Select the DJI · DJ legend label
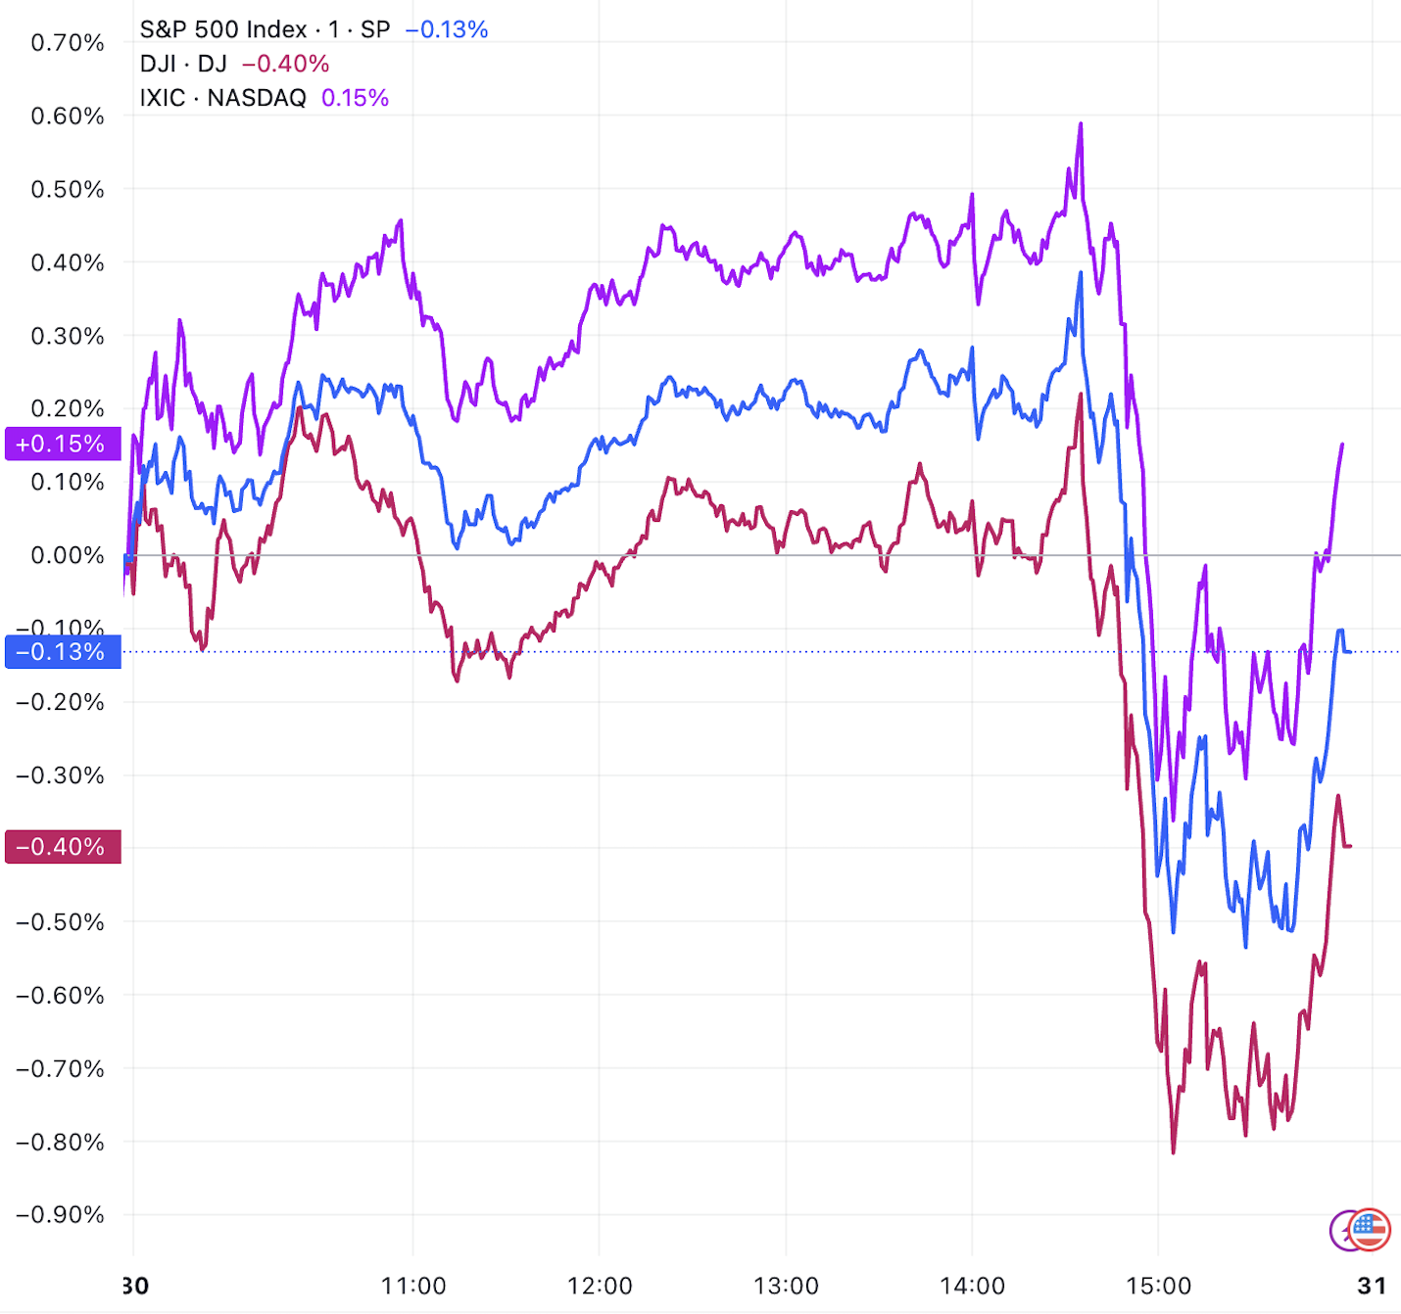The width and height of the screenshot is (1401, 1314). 183,64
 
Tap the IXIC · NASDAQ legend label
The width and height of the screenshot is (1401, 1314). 222,98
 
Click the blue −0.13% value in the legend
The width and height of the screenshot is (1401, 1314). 447,29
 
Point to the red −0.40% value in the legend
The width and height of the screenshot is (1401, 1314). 285,64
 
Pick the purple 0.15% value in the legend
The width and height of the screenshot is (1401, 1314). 355,98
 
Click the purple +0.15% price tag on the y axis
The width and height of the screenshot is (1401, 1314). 62,444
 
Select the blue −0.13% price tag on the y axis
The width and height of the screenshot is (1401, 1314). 62,652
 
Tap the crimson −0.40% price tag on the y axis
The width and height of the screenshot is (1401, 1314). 62,847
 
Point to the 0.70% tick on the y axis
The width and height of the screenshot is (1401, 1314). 67,43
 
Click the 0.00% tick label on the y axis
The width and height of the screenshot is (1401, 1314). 67,556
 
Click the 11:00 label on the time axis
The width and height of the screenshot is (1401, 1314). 412,1286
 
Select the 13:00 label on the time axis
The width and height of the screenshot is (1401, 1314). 786,1286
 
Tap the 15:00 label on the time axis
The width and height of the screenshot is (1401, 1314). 1158,1286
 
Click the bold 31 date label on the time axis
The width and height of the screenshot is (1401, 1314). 1372,1286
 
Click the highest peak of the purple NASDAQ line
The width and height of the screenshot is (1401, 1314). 1081,123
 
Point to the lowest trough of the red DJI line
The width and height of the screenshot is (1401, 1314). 1174,1152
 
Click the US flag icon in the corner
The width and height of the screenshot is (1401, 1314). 1370,1230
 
